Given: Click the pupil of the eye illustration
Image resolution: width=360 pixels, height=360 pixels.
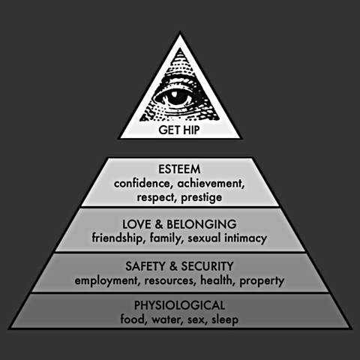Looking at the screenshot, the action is (x=175, y=98).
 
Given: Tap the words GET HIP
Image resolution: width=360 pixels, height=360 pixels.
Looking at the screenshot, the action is (x=179, y=130).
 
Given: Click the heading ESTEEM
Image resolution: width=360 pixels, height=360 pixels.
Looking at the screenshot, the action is (x=179, y=169).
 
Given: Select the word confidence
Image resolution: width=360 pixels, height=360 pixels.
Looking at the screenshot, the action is (x=142, y=184).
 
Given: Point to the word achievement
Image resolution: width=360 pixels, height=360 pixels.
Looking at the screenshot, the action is (x=210, y=184).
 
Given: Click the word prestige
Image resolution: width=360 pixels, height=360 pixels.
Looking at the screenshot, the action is (x=202, y=198).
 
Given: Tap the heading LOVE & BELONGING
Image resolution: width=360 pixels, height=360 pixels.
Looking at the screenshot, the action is (x=179, y=224).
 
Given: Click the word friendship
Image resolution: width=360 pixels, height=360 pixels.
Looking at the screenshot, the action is (x=117, y=238).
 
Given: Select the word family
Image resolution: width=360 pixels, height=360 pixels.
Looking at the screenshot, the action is (x=165, y=238).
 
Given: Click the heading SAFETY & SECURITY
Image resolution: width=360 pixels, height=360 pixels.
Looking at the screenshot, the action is (x=179, y=266).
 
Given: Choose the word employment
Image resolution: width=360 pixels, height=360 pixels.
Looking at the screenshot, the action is (x=106, y=280).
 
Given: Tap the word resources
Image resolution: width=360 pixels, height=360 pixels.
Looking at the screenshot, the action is (x=169, y=280).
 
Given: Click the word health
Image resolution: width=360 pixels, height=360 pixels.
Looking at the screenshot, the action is (x=217, y=280).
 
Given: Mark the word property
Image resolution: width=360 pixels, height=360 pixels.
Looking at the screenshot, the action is (x=262, y=281).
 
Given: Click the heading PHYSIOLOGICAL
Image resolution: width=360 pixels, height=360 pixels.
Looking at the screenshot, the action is (x=179, y=305).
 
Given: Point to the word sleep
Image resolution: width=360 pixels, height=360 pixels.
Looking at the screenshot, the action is (x=225, y=320).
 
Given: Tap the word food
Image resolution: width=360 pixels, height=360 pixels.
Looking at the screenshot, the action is (x=132, y=319).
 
